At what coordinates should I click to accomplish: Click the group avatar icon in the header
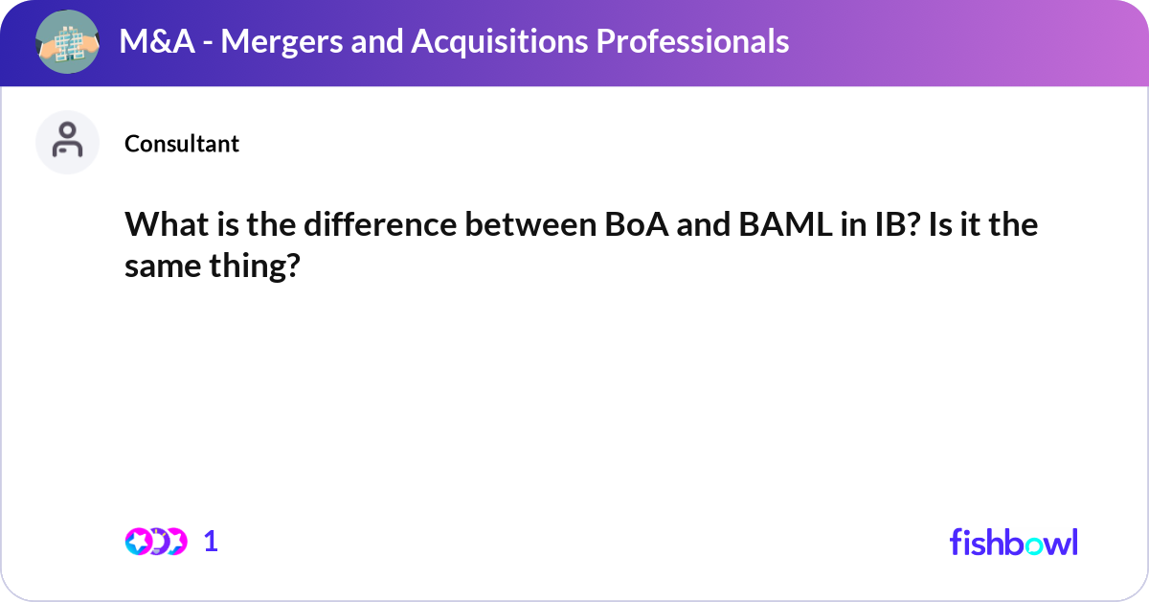[67, 41]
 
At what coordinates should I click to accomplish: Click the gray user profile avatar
[67, 142]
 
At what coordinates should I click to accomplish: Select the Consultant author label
[182, 144]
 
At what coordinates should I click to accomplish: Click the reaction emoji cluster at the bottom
[155, 542]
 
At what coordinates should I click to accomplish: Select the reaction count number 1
[212, 542]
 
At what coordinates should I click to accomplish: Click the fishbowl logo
[1013, 542]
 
